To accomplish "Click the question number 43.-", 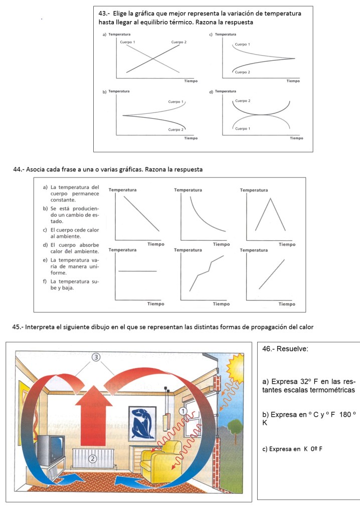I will point(105,14).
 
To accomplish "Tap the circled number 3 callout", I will point(97,357).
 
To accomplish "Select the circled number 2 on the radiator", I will point(92,458).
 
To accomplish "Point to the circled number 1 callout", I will point(184,411).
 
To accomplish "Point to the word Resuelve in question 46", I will point(291,349).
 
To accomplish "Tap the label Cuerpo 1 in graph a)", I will point(127,42).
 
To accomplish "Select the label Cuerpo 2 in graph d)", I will point(242,101).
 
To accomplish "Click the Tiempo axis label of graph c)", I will point(293,81).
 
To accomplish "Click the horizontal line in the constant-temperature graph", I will point(137,271).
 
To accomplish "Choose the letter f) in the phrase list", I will point(46,281).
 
